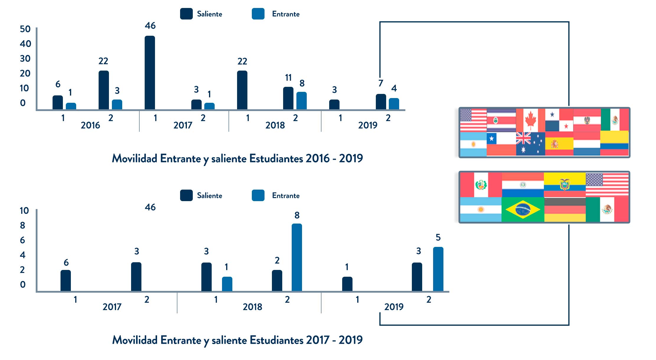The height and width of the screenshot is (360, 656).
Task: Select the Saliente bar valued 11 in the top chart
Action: click(288, 98)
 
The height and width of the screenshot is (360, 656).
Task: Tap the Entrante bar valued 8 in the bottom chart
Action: click(297, 257)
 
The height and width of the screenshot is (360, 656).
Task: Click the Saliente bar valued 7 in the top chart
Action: click(381, 102)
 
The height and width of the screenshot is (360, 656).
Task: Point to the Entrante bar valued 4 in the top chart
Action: click(394, 104)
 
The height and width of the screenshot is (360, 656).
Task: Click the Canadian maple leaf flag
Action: click(531, 120)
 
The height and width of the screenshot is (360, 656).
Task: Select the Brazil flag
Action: click(523, 209)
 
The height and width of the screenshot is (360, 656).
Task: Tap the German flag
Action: click(564, 209)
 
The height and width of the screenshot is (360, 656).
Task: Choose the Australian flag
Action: click(530, 144)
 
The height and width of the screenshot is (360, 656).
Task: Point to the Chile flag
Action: click(501, 144)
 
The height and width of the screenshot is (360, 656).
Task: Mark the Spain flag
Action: click(559, 144)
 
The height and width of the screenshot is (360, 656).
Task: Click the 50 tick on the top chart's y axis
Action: click(25, 29)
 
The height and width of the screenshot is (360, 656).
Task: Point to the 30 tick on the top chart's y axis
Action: click(25, 58)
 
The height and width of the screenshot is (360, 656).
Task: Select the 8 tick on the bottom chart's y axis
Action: click(23, 225)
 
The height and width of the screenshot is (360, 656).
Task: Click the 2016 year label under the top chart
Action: click(90, 125)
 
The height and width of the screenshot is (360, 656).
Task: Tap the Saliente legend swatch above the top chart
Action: click(186, 14)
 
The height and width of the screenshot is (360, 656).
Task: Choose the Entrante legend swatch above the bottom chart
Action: click(258, 196)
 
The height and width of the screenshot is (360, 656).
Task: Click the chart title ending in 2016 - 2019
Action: click(237, 159)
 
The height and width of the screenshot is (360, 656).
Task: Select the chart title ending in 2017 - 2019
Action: click(237, 340)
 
